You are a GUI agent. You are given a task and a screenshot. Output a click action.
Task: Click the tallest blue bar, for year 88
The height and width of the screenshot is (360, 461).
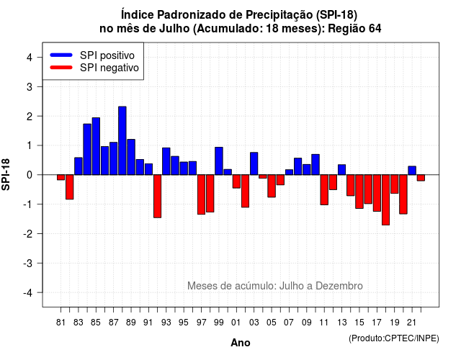(x=122, y=141)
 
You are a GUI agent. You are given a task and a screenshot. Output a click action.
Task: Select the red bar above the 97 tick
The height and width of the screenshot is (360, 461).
(x=202, y=194)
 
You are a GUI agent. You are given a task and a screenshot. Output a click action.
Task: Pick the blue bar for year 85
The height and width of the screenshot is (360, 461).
(x=96, y=146)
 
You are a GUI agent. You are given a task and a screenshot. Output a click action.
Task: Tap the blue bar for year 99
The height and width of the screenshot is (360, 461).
(x=219, y=161)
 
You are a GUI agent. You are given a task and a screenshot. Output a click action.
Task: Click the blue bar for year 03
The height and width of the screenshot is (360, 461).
(x=254, y=163)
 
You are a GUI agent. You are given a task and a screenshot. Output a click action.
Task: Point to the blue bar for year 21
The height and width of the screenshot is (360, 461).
(x=412, y=171)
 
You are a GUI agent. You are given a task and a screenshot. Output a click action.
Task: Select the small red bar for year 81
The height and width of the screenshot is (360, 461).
(x=61, y=177)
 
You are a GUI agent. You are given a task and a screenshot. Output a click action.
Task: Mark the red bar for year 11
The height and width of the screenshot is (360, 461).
(x=324, y=190)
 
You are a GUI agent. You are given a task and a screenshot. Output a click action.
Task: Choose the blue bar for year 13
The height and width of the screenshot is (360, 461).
(x=341, y=170)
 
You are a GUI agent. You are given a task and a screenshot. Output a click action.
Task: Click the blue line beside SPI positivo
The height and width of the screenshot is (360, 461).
(x=61, y=55)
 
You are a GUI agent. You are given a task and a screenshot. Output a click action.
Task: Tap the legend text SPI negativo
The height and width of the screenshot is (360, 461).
(x=109, y=68)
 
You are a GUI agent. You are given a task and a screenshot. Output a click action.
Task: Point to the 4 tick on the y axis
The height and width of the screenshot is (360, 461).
(x=39, y=58)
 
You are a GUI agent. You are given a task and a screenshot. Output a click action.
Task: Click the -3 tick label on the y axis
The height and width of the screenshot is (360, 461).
(x=28, y=264)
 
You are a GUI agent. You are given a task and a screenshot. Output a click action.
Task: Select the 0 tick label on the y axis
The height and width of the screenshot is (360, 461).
(x=30, y=175)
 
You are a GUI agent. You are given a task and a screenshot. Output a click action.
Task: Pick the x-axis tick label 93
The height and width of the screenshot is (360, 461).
(x=166, y=323)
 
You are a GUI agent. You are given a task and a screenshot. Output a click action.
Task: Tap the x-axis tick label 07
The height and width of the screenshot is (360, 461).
(x=289, y=323)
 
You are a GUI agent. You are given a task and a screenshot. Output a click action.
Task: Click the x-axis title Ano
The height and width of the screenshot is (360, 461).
(x=241, y=343)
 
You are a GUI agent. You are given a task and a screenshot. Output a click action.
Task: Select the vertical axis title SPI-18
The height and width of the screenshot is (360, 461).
(x=6, y=174)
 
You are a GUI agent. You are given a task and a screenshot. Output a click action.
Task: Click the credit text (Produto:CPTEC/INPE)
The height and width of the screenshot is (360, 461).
(x=394, y=338)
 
